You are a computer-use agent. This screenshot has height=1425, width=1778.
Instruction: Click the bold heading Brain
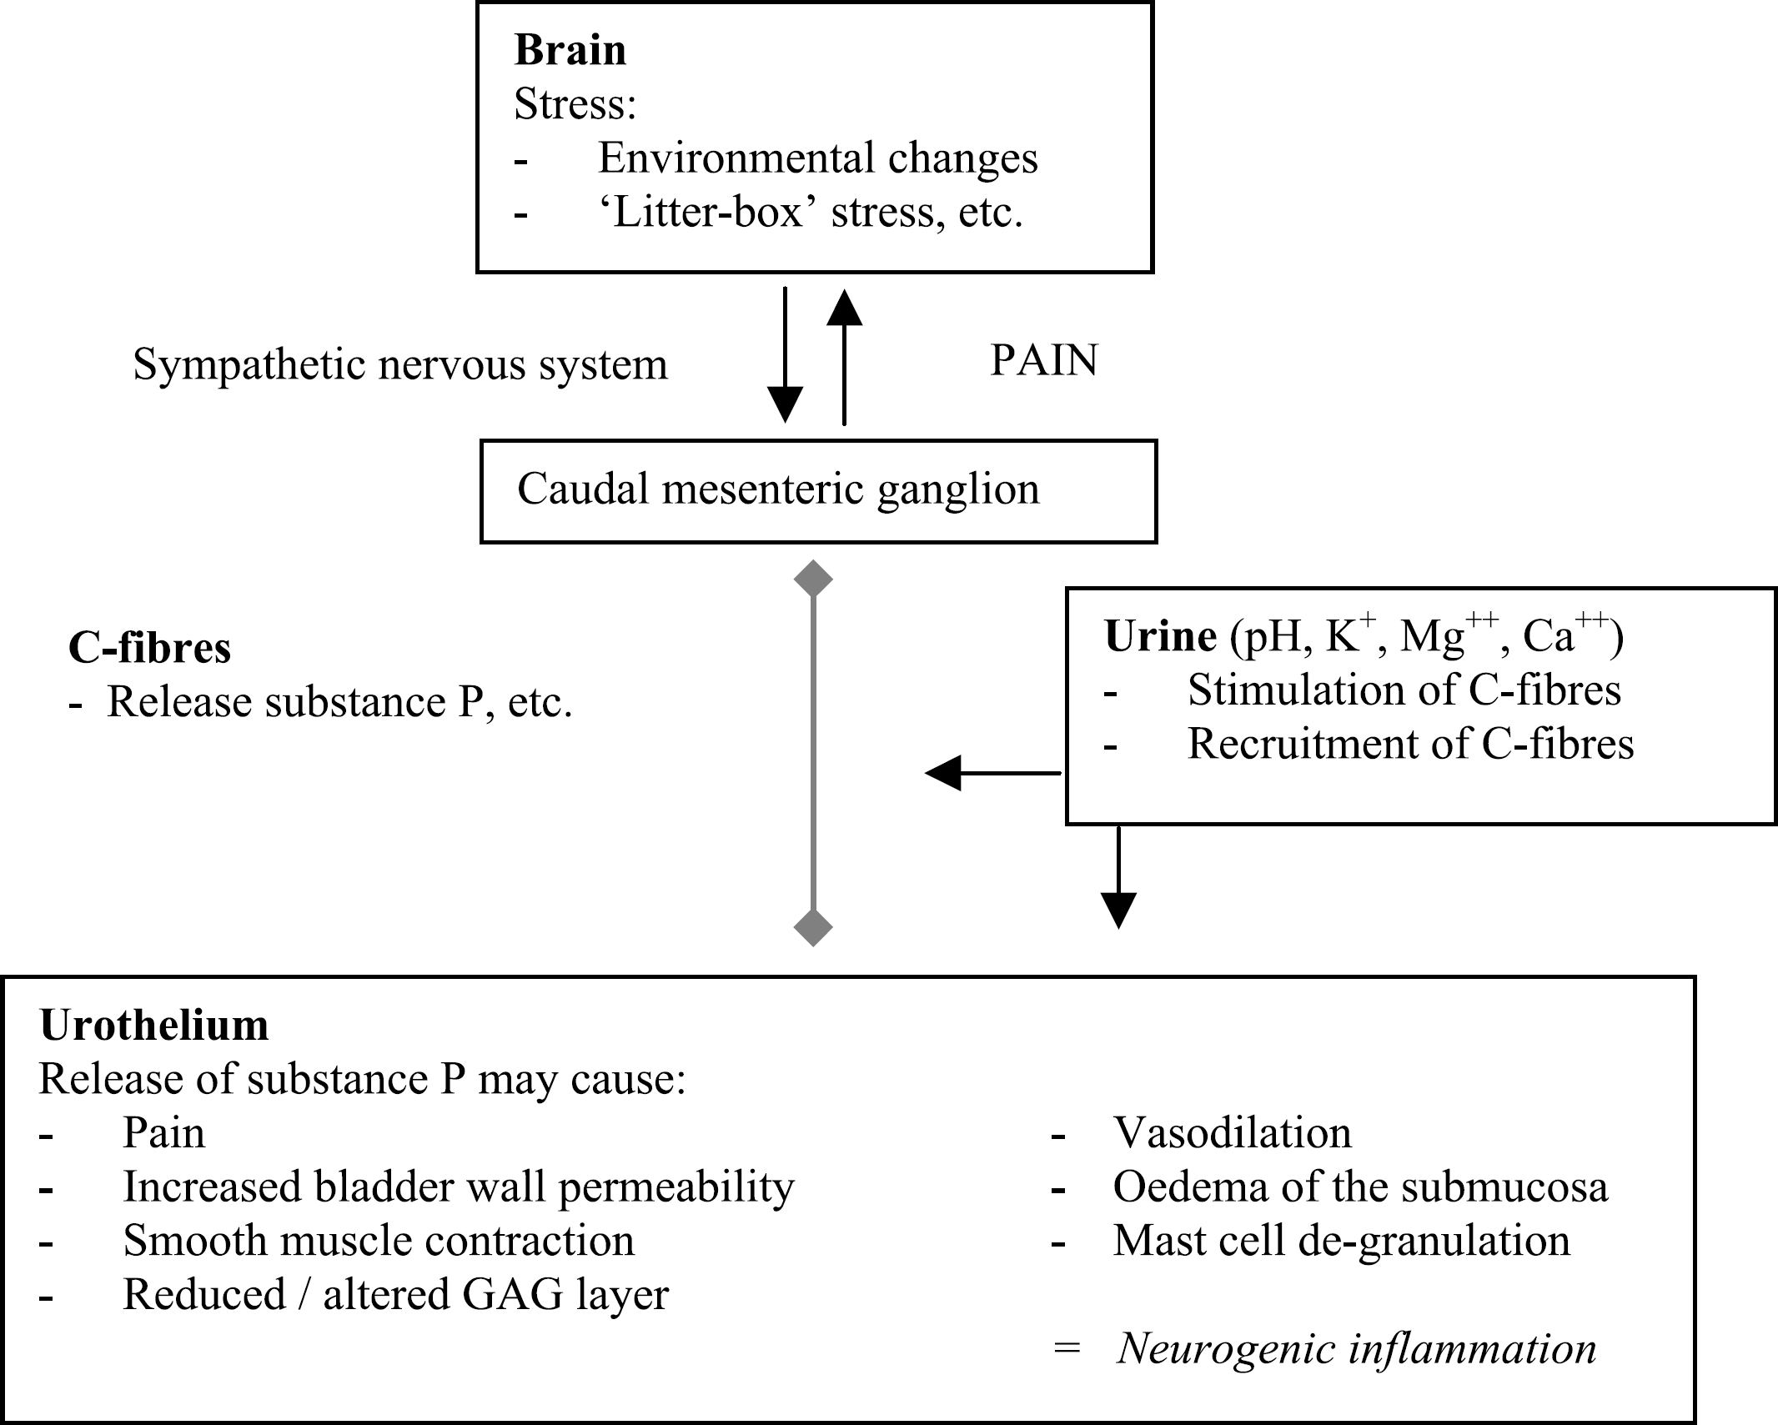[x=570, y=50]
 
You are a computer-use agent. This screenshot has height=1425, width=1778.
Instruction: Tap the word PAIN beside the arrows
[x=1044, y=360]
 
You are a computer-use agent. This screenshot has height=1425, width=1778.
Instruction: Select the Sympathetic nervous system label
[x=400, y=365]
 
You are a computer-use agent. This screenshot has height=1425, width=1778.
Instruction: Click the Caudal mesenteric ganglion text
[x=778, y=489]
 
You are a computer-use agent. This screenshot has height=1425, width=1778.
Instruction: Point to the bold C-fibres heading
[x=150, y=648]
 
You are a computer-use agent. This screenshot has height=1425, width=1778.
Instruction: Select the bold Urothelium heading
[x=154, y=1026]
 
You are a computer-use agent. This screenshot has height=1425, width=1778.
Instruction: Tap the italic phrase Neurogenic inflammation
[x=1357, y=1349]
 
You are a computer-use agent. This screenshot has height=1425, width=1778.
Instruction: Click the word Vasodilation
[x=1233, y=1133]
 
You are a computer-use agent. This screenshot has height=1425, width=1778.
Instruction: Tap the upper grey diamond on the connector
[x=813, y=579]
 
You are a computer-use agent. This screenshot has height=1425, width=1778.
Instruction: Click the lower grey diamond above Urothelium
[x=813, y=927]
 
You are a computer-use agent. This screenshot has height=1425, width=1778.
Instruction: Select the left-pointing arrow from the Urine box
[x=992, y=773]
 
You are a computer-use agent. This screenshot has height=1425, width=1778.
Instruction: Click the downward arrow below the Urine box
[x=1118, y=877]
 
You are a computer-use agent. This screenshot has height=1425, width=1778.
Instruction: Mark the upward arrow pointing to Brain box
[x=844, y=357]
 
